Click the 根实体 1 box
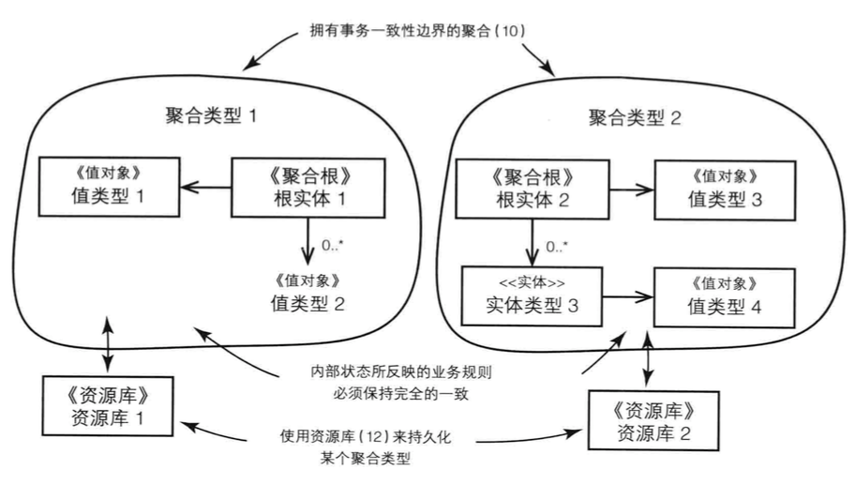coord(296,188)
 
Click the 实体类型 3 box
coord(532,296)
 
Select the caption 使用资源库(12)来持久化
coord(372,437)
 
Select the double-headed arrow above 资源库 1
coord(109,346)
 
